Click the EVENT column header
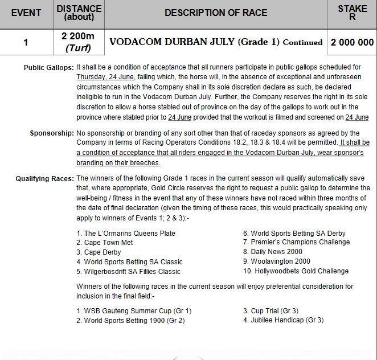coord(26,13)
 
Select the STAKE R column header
coord(353,13)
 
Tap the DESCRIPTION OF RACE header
coord(216,13)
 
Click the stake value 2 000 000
coord(353,42)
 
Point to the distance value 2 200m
coord(78,37)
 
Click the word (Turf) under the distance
coord(78,48)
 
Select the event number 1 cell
coord(26,42)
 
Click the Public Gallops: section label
coord(48,68)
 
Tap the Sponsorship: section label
coord(52,133)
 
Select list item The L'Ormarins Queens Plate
coord(129,233)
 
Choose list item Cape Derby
coord(103,252)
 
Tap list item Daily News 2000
coord(276,252)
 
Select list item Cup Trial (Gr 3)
coord(274,311)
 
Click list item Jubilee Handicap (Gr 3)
coord(286,320)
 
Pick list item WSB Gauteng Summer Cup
coord(137,311)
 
